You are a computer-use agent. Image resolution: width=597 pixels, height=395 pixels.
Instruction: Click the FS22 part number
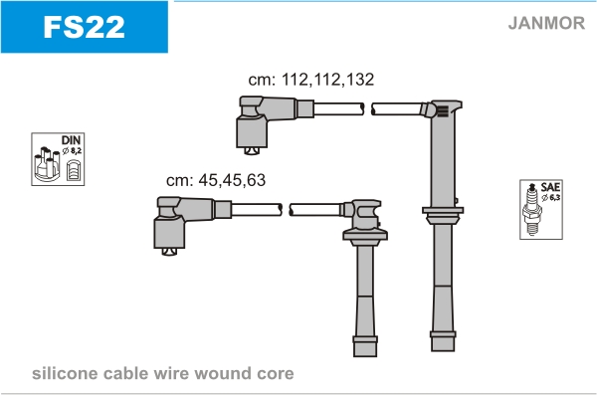(x=84, y=27)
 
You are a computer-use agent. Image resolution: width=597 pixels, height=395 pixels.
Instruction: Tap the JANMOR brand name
(x=546, y=23)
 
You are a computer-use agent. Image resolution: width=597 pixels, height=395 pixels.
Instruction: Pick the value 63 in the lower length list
(x=256, y=180)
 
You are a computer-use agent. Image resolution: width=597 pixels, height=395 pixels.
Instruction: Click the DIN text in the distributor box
(x=72, y=140)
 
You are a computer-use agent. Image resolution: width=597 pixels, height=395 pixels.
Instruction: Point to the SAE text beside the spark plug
(x=550, y=187)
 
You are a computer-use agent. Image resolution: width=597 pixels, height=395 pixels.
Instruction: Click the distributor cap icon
(x=47, y=164)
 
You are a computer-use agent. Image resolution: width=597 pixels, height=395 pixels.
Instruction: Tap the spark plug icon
(x=532, y=210)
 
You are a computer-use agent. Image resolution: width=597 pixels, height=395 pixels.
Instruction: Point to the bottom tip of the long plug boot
(x=443, y=350)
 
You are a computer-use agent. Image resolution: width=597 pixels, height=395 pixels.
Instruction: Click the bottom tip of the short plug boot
(x=365, y=356)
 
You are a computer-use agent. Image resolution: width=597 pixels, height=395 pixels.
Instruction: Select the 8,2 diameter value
(x=76, y=151)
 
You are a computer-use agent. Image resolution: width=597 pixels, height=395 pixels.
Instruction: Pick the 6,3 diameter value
(x=554, y=197)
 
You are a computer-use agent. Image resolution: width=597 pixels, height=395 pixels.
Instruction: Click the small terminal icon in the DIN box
(x=74, y=170)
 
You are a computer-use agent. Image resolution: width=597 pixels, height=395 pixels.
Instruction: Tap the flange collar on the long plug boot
(x=443, y=215)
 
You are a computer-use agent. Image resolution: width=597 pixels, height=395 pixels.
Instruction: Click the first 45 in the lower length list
(x=208, y=180)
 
